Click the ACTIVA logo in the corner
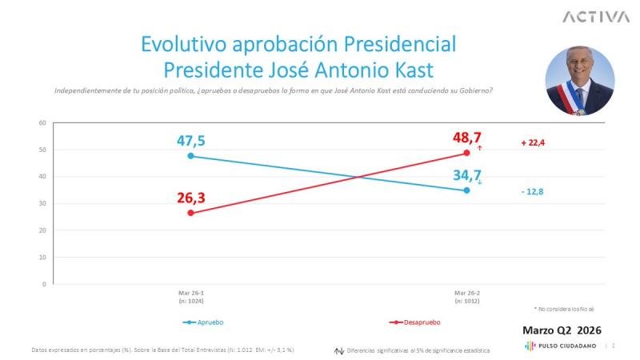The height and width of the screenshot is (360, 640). point(595,17)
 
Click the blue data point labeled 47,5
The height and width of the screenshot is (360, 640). point(190,156)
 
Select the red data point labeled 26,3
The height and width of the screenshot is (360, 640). point(190,213)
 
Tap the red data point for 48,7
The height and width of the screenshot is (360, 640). point(467,153)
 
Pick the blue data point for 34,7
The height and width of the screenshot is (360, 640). point(467,190)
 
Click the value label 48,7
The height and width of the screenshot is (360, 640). point(467,138)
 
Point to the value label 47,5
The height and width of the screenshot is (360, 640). point(190,141)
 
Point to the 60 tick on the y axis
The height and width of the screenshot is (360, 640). point(42,122)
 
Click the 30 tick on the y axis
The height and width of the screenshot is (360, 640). point(42,203)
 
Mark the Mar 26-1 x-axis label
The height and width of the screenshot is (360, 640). point(190,297)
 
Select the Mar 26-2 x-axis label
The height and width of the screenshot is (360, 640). point(467,297)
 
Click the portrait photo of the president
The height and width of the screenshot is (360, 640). point(579,80)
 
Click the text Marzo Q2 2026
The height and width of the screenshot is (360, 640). point(562,330)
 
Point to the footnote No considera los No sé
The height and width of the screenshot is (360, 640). point(564,309)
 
